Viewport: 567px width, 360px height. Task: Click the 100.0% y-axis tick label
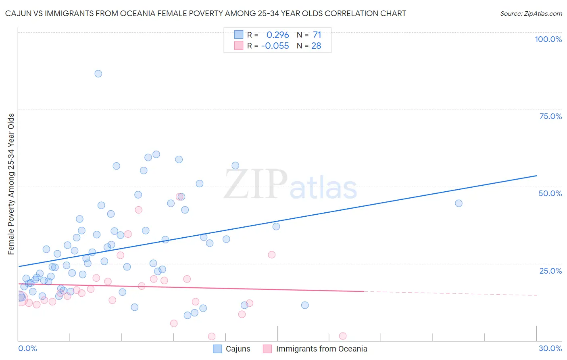[x=548, y=39]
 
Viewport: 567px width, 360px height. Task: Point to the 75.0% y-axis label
[x=550, y=116]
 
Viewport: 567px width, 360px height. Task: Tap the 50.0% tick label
[x=550, y=193]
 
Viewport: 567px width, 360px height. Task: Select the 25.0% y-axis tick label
[x=550, y=271]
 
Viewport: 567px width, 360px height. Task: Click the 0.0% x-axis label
[x=27, y=348]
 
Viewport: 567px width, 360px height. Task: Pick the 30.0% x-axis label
[x=550, y=348]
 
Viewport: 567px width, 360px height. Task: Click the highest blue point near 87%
[x=98, y=73]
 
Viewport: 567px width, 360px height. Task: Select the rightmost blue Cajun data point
[x=459, y=203]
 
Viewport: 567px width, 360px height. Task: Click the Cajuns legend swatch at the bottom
[x=217, y=349]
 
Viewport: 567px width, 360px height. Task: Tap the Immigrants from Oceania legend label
[x=321, y=349]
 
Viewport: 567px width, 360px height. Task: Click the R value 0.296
[x=277, y=35]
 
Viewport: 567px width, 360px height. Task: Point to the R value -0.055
[x=275, y=46]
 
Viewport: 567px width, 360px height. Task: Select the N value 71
[x=317, y=35]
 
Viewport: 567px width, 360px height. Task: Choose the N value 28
[x=316, y=46]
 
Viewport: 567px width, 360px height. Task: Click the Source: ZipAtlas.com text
[x=531, y=14]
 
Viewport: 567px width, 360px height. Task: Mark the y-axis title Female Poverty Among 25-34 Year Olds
[x=11, y=184]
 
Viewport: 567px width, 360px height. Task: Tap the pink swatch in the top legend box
[x=239, y=46]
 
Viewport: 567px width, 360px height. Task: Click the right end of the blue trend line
[x=536, y=176]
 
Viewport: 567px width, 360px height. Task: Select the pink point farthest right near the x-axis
[x=343, y=336]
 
